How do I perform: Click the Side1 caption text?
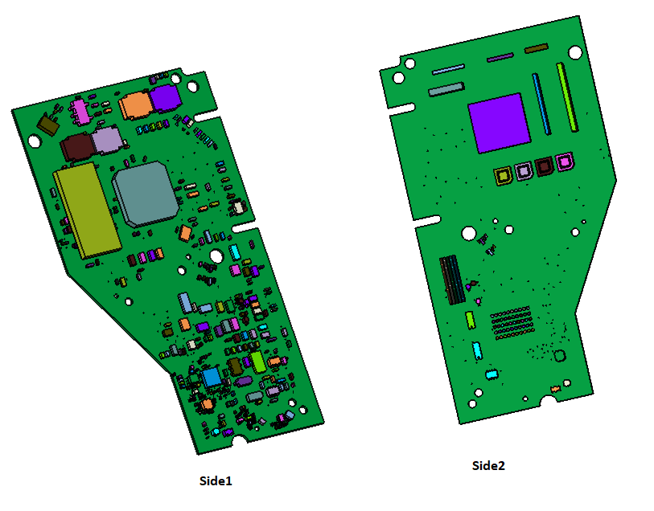(x=216, y=481)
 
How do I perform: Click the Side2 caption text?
(x=488, y=466)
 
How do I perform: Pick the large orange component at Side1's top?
(x=135, y=105)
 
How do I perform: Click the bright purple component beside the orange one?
(x=166, y=99)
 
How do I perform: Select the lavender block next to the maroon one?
(x=106, y=142)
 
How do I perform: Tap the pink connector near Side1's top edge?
(x=80, y=112)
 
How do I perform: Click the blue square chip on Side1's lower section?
(x=212, y=377)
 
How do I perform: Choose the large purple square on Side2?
(x=500, y=123)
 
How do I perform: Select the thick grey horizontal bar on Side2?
(x=446, y=88)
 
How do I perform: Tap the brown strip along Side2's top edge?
(x=536, y=49)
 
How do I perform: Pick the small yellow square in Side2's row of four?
(x=504, y=176)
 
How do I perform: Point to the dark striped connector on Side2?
(x=452, y=280)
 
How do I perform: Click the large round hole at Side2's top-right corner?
(x=576, y=52)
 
